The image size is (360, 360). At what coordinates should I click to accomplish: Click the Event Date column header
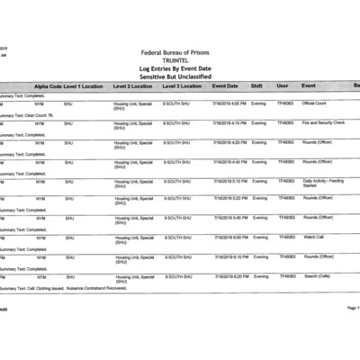coord(225,85)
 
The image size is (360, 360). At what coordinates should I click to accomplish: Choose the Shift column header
coord(256,85)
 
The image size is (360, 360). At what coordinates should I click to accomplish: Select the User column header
coord(283,85)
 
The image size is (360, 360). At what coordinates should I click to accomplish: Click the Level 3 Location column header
coord(182,85)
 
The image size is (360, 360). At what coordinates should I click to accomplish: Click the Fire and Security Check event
coord(323,122)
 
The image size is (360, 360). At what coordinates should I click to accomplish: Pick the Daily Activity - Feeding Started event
coord(323,183)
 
